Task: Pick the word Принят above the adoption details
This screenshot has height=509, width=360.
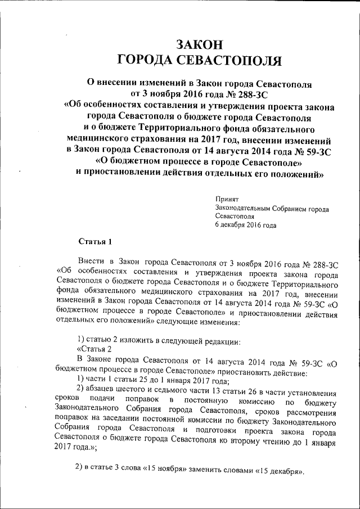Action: coord(227,199)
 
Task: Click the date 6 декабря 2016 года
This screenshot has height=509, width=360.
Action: coord(245,225)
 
